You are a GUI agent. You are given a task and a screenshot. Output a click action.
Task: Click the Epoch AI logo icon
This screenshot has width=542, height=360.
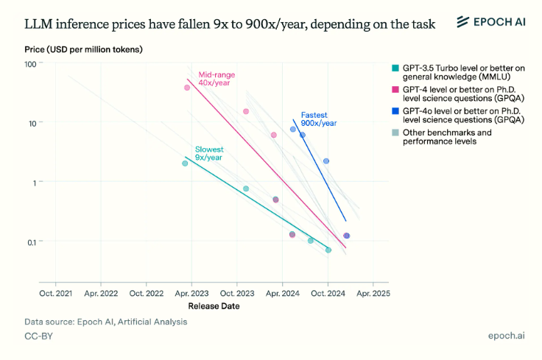pos(463,22)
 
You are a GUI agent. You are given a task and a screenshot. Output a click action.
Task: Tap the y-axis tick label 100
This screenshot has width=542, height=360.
pos(30,64)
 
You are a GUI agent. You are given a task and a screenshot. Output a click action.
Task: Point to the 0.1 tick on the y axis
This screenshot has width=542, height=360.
pos(32,242)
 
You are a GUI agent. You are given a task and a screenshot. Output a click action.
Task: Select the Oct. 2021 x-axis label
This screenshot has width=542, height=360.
pos(56,293)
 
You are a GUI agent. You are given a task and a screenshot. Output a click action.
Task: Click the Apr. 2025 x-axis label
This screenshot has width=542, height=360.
pos(373,293)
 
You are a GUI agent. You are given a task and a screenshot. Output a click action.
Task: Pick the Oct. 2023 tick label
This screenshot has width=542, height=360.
pos(237,293)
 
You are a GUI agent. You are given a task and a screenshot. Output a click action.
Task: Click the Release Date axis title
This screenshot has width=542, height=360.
pos(214,306)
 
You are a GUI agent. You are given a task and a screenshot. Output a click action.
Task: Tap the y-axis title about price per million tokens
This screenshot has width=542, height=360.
pos(83,49)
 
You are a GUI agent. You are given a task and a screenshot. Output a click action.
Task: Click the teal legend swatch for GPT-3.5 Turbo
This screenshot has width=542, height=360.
pos(395,68)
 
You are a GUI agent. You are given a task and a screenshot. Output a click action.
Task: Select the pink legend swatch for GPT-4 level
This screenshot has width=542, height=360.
pos(395,90)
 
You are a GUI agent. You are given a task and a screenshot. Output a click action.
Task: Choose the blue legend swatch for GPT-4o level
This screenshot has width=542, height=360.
pos(395,111)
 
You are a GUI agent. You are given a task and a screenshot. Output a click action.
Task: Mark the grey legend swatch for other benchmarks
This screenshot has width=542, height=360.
pos(395,133)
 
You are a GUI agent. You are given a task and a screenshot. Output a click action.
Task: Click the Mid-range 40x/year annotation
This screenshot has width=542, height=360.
pos(217,79)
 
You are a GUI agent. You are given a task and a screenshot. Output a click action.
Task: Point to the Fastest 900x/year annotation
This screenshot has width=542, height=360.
pos(319,119)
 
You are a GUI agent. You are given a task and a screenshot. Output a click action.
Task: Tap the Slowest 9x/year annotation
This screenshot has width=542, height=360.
pos(209,153)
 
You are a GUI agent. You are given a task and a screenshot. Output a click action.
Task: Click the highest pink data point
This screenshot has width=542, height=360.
pos(187,88)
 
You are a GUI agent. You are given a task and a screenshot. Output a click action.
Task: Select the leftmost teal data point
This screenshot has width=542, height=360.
pos(185,163)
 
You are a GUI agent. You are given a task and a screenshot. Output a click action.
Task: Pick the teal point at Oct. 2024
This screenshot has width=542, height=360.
pos(328,250)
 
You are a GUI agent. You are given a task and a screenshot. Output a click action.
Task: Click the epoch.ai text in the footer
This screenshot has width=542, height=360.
pos(507,336)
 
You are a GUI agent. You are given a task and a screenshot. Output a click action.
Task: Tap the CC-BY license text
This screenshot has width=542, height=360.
pos(39,336)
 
